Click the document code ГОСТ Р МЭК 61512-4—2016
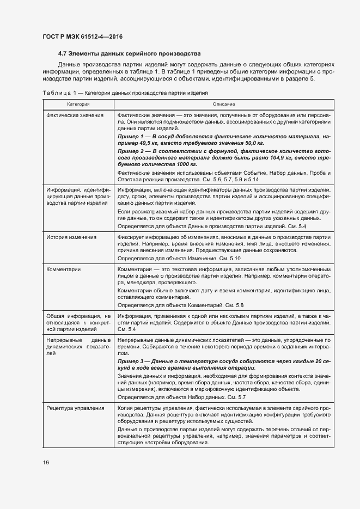(82, 36)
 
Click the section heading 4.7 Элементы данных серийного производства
(130, 54)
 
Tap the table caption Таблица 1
(57, 93)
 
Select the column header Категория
(78, 103)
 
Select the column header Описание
(224, 103)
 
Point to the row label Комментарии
(64, 269)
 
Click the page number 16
(46, 463)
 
